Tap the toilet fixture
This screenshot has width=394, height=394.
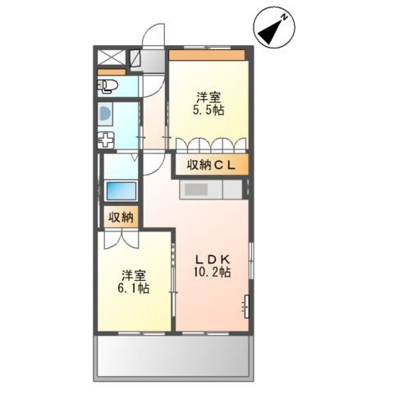[111, 85]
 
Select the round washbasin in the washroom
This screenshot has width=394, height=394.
[106, 114]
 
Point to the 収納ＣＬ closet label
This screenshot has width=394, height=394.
[211, 165]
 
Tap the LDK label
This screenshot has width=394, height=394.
[211, 255]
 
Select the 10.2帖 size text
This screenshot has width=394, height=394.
[211, 271]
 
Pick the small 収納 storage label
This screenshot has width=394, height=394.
[121, 218]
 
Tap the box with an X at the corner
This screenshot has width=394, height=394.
[110, 59]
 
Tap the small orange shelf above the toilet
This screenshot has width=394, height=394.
[107, 72]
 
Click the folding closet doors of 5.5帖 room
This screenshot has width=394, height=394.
[210, 144]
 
